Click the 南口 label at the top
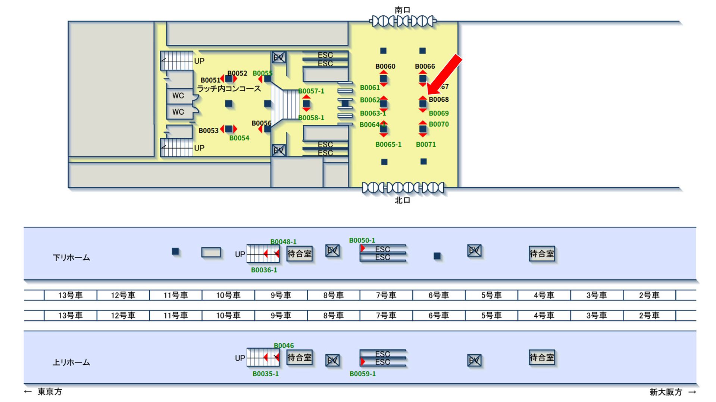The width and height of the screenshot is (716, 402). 402,10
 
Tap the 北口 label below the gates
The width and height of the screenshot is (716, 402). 402,200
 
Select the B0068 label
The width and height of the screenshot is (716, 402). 438,99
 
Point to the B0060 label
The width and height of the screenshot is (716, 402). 385,66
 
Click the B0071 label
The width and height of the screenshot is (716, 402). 426,144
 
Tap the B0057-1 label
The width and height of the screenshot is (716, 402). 311,91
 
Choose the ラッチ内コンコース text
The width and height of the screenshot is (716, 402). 229,89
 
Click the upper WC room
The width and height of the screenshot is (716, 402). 178,96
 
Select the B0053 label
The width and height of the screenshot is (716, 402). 208,130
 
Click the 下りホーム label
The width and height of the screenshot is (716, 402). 71,257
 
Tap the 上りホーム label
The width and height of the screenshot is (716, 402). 71,362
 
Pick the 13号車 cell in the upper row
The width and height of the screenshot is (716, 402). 70,295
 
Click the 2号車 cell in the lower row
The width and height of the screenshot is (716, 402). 649,315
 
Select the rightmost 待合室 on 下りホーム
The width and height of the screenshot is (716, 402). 542,254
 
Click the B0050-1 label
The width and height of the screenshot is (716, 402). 362,240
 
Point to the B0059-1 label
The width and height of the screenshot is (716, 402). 362,374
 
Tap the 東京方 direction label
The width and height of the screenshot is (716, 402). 50,392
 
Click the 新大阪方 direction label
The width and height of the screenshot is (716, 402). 666,392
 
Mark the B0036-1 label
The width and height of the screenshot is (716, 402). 264,270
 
